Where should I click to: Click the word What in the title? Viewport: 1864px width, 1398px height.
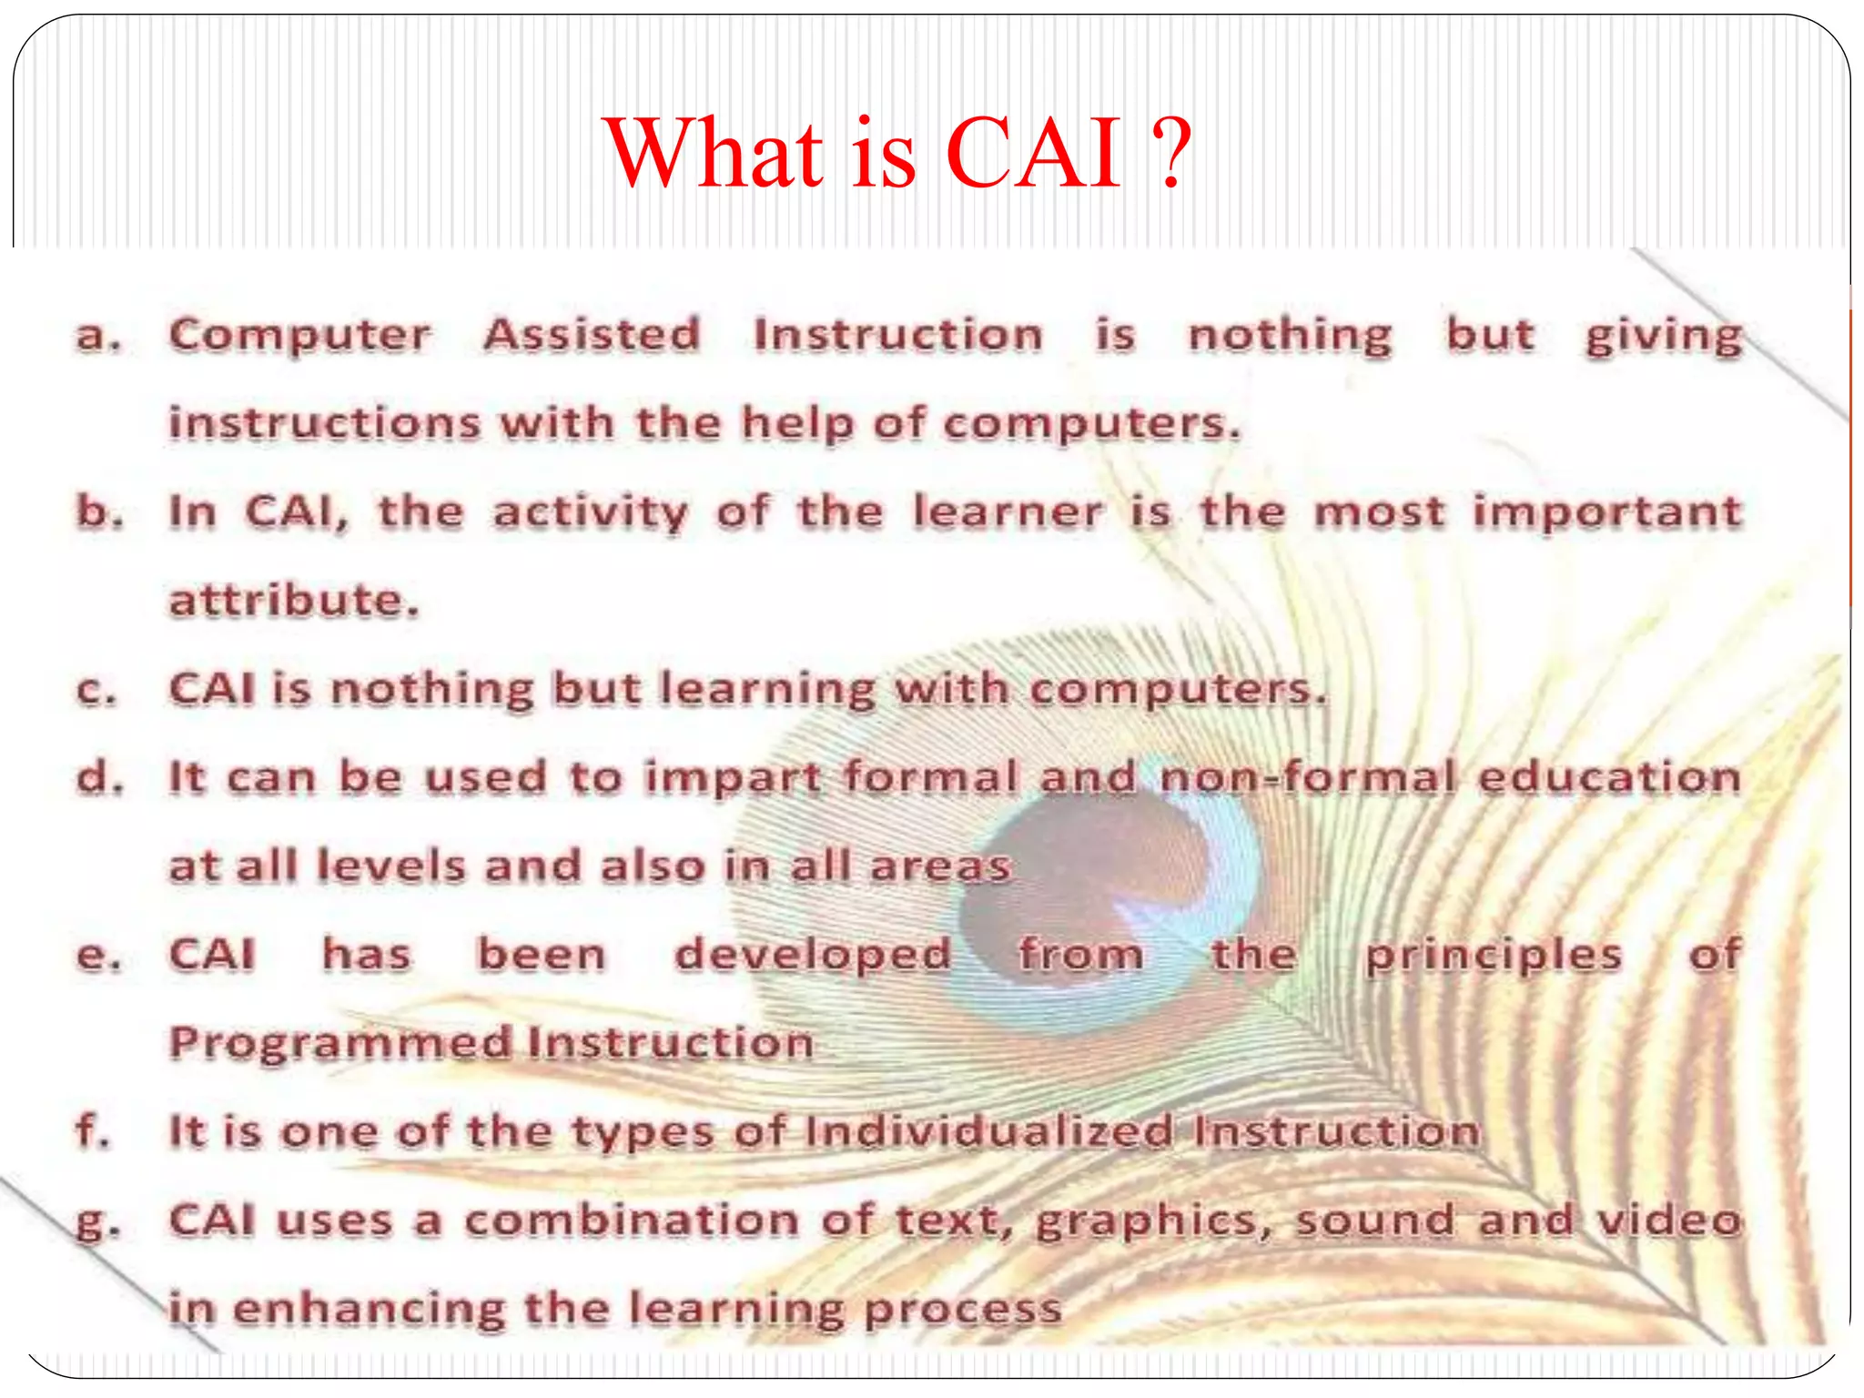pos(714,155)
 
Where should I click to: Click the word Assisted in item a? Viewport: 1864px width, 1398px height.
pos(592,335)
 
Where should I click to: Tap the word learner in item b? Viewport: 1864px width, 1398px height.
pos(1008,512)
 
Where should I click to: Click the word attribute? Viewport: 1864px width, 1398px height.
pos(294,600)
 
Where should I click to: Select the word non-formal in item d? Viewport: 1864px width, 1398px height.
pos(1309,778)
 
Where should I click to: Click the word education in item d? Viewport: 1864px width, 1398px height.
pos(1609,778)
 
